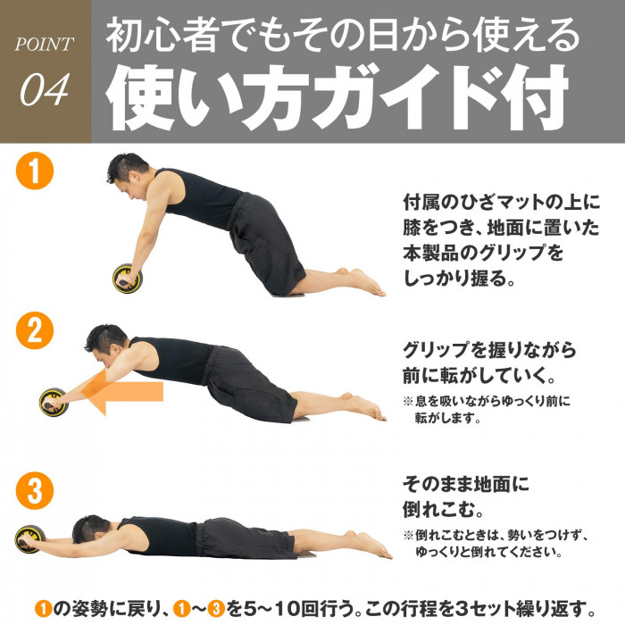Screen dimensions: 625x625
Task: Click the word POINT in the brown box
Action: pyautogui.click(x=45, y=44)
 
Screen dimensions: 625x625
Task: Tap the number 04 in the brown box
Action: pyautogui.click(x=45, y=89)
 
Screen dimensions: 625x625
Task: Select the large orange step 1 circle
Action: pyautogui.click(x=35, y=171)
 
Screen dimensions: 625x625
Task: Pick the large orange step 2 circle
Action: pyautogui.click(x=35, y=330)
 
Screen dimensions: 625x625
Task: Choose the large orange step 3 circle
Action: pyautogui.click(x=35, y=490)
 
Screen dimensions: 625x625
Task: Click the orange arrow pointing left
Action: pyautogui.click(x=123, y=391)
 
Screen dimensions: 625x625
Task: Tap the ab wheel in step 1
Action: pyautogui.click(x=128, y=279)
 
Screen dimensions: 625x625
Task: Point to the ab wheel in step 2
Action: pyautogui.click(x=54, y=402)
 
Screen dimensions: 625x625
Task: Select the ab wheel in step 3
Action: pyautogui.click(x=29, y=539)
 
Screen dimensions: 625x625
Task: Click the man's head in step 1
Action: pyautogui.click(x=127, y=174)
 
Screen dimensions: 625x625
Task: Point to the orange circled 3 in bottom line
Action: pyautogui.click(x=216, y=609)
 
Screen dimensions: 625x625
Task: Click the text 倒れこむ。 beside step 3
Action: pyautogui.click(x=443, y=510)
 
